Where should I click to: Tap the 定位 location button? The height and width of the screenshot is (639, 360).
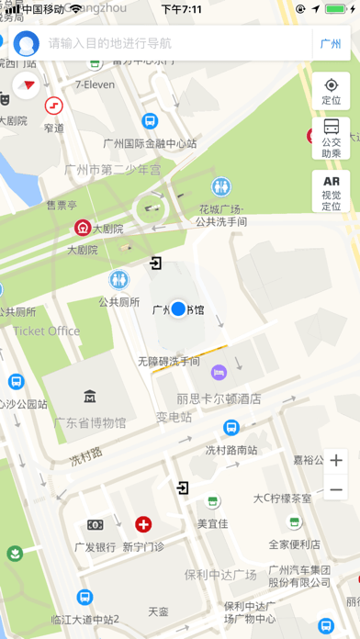pyautogui.click(x=332, y=92)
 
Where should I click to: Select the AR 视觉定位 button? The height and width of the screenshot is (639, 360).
pyautogui.click(x=332, y=192)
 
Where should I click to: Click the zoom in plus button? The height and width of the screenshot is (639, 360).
pyautogui.click(x=336, y=461)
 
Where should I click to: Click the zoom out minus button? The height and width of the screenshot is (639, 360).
pyautogui.click(x=336, y=490)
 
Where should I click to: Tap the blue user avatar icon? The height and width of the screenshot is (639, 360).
pyautogui.click(x=27, y=43)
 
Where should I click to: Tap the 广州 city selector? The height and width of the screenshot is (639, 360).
pyautogui.click(x=330, y=43)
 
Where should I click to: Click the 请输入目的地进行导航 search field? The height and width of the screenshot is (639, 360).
pyautogui.click(x=165, y=43)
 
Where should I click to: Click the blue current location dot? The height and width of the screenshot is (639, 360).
pyautogui.click(x=179, y=309)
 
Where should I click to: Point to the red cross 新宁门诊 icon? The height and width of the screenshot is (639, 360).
pyautogui.click(x=143, y=525)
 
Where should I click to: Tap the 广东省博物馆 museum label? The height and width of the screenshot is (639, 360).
pyautogui.click(x=90, y=422)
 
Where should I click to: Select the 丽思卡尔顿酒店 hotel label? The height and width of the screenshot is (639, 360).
pyautogui.click(x=219, y=399)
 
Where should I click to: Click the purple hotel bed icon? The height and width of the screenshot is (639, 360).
pyautogui.click(x=219, y=372)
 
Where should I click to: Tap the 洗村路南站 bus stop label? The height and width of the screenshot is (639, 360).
pyautogui.click(x=231, y=450)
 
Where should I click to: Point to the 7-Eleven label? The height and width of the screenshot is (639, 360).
pyautogui.click(x=94, y=84)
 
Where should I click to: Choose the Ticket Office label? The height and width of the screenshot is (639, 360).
pyautogui.click(x=47, y=331)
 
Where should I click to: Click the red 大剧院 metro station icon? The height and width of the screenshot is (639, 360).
pyautogui.click(x=83, y=228)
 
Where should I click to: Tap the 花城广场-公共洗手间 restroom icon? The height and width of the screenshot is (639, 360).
pyautogui.click(x=220, y=187)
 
